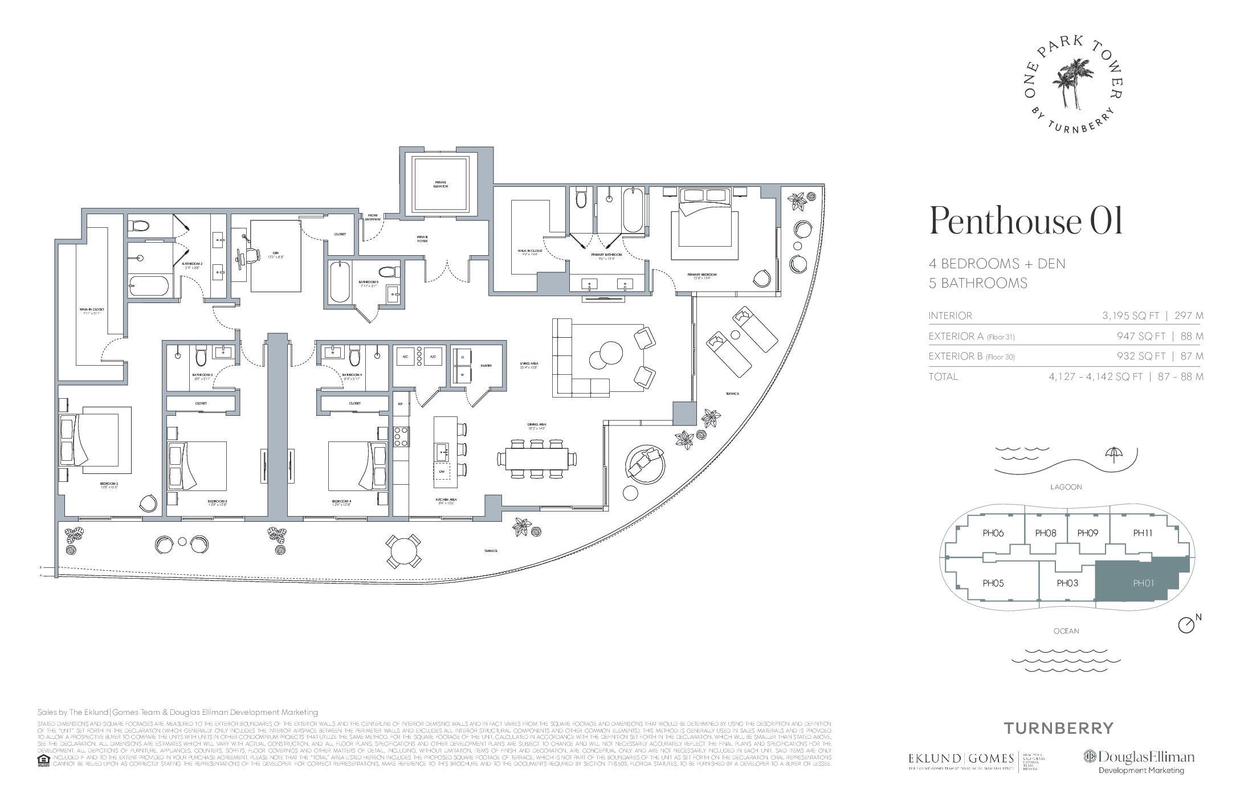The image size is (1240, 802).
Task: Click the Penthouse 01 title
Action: click(x=1026, y=222)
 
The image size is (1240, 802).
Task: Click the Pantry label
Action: click(x=486, y=366)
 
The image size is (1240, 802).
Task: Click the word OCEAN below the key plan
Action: click(x=1066, y=631)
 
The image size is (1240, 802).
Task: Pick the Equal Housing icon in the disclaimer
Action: click(x=43, y=760)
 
